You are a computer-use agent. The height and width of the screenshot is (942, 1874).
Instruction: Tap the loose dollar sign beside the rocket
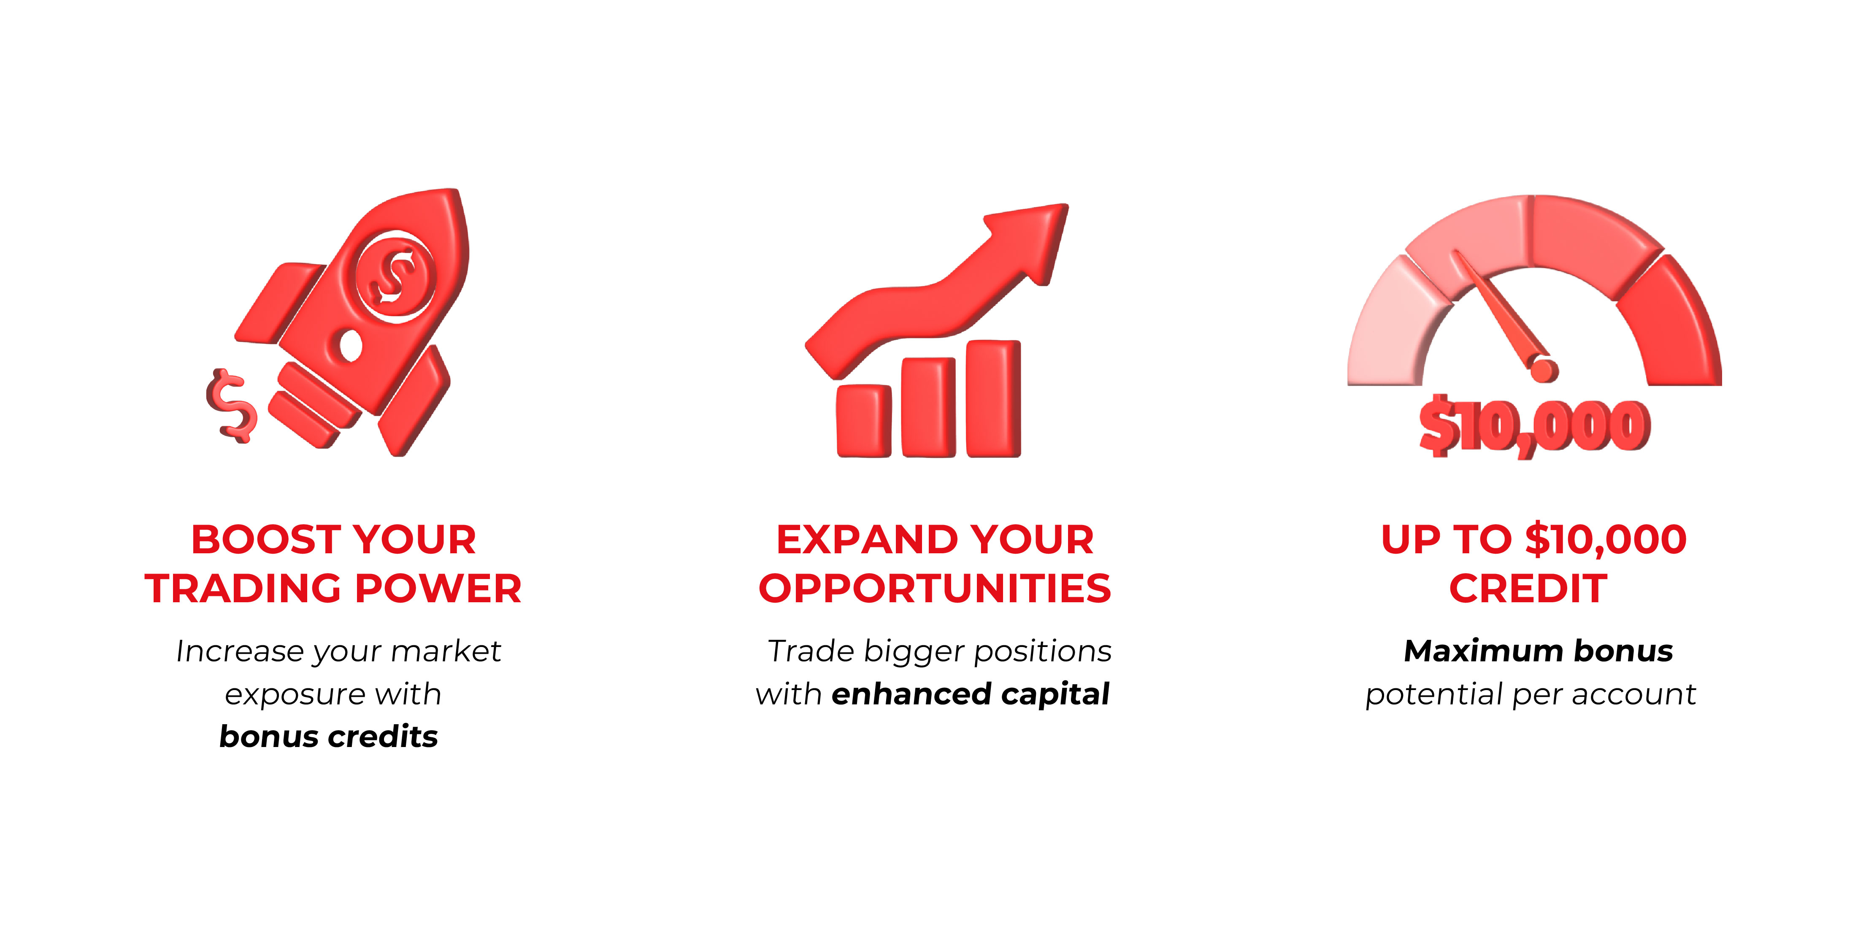231,405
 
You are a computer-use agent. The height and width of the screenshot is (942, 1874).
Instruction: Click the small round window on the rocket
351,345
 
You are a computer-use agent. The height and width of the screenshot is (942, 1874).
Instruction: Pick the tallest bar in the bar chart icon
993,399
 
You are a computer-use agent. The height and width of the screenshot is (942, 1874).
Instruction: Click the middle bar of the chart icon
928,407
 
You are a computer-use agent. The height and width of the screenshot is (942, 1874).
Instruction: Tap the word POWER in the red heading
439,588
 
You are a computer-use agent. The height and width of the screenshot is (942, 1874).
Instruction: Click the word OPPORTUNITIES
935,588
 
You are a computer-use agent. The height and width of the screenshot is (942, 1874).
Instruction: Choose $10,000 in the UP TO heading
1606,540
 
